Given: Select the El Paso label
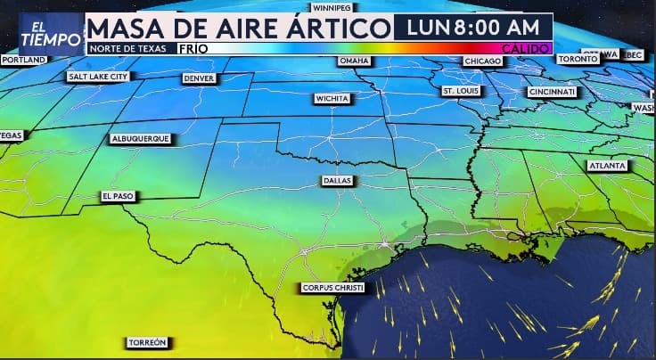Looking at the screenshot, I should (x=117, y=196).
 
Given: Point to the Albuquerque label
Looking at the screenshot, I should (x=140, y=139).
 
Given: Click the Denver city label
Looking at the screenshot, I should (x=199, y=78).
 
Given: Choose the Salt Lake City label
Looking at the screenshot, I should (x=98, y=77).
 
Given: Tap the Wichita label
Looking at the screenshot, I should (x=331, y=98).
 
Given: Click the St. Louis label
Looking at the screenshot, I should (x=461, y=91).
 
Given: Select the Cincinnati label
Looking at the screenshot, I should (x=552, y=92).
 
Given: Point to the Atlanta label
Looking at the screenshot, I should (x=606, y=166).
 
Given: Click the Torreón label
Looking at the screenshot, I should (x=147, y=342).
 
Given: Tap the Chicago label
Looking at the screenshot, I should (x=482, y=61).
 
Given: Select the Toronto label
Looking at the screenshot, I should (x=577, y=59).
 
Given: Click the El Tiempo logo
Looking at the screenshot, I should (x=38, y=32).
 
